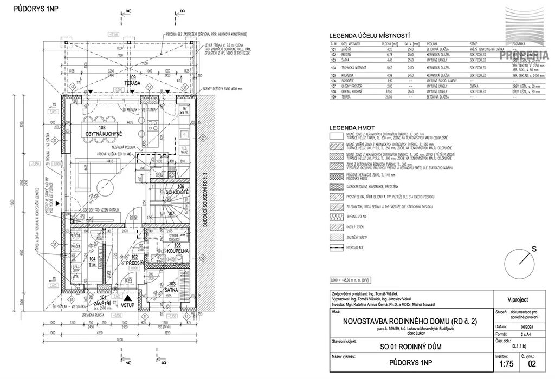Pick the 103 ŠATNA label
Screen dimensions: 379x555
[x=171, y=286]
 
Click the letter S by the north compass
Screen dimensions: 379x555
[x=534, y=249]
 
